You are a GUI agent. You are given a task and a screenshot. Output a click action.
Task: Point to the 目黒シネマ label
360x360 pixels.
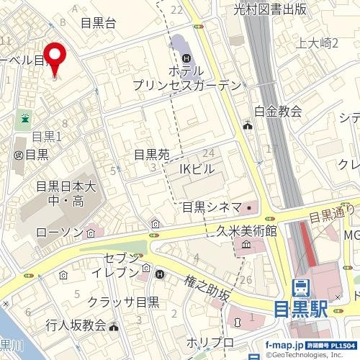tap(211, 207)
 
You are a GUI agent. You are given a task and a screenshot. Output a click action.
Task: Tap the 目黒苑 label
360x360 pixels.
tap(151, 154)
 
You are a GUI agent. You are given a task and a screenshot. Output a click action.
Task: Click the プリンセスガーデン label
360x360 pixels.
tap(186, 85)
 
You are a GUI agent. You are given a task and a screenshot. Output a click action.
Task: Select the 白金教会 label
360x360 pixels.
tap(278, 111)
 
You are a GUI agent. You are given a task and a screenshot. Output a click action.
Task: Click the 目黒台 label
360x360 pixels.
tap(98, 22)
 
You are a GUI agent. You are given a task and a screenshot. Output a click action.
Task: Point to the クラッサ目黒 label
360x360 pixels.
tap(123, 302)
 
